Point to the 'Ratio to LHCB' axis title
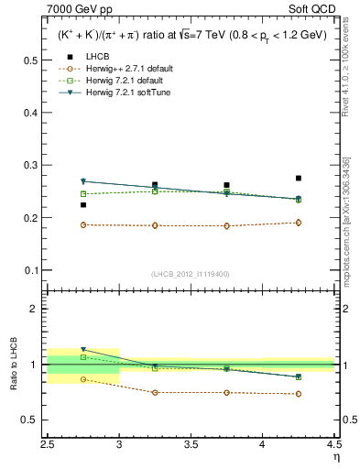[x=13, y=364]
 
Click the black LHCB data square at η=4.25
[x=299, y=178]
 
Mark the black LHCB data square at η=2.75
[x=83, y=205]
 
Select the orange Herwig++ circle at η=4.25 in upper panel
[x=299, y=223]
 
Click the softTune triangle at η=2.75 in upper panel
[x=83, y=181]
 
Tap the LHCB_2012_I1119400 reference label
[x=190, y=274]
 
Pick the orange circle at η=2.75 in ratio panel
[x=83, y=379]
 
